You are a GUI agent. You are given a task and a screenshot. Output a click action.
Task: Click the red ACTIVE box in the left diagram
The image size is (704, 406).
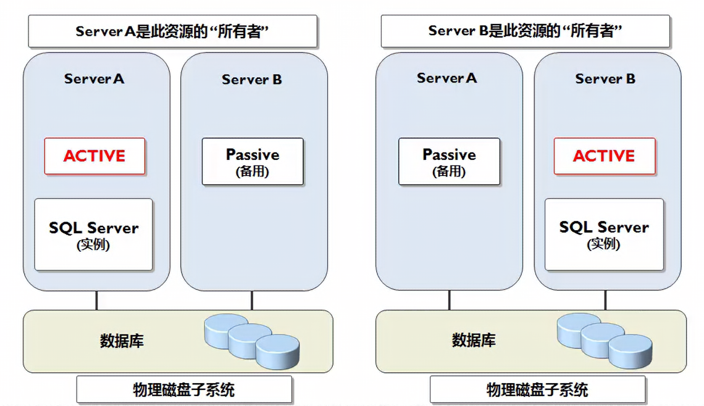click(x=94, y=156)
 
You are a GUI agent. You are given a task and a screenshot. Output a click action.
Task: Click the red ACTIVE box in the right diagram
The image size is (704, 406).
click(x=604, y=156)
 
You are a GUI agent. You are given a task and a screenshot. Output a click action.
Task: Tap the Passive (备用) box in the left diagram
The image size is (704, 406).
click(x=253, y=162)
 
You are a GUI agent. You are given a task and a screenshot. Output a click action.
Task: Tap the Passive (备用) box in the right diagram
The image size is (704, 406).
click(x=449, y=162)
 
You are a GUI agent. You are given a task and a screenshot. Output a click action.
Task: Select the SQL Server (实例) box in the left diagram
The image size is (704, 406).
click(x=93, y=234)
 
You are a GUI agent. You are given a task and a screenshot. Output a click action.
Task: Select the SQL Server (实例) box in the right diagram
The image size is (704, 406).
click(x=604, y=234)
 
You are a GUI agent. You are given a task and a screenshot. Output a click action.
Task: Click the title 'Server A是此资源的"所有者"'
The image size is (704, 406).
click(x=172, y=31)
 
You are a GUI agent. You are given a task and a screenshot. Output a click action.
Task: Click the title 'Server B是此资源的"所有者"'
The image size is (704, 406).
click(x=525, y=31)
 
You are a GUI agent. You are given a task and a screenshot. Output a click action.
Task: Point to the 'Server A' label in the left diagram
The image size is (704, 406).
click(x=94, y=79)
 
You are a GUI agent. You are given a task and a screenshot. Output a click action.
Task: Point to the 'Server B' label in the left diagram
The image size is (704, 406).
click(x=252, y=80)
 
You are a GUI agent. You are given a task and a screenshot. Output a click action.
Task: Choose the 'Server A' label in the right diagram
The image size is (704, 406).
click(x=447, y=78)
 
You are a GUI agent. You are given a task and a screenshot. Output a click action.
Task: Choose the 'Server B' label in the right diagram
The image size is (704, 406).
click(x=605, y=79)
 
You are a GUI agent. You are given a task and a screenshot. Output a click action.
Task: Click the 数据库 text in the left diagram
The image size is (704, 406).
click(x=122, y=341)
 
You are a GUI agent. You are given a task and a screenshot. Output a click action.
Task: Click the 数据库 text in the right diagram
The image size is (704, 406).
click(x=474, y=341)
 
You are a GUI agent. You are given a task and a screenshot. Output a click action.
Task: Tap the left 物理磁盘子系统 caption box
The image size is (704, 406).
click(x=184, y=390)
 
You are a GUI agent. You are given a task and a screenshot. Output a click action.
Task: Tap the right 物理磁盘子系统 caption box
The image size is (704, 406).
click(x=537, y=390)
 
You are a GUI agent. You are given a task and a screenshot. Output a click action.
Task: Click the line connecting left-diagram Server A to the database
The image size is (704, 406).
click(x=96, y=300)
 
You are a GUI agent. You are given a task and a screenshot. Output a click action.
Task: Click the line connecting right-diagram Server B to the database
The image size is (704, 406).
click(x=605, y=300)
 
